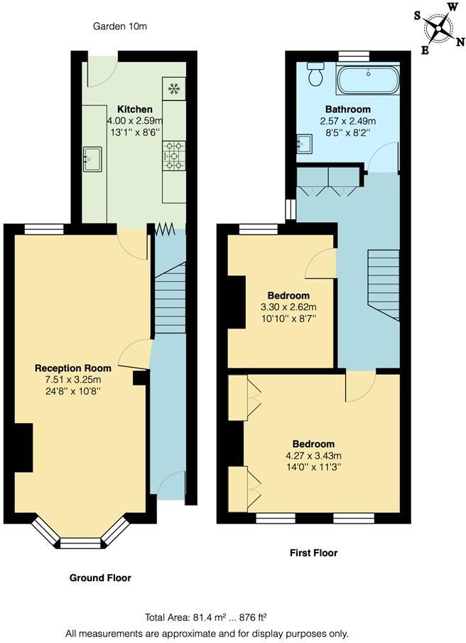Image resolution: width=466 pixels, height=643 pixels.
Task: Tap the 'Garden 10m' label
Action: [x=120, y=27]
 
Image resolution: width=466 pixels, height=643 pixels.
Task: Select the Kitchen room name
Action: [x=135, y=109]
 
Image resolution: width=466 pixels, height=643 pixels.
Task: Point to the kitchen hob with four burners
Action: [x=174, y=156]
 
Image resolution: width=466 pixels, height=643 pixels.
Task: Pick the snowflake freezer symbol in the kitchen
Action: [x=173, y=89]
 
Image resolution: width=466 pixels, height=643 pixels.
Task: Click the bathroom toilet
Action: [x=315, y=73]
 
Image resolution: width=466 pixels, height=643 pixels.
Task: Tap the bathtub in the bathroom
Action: [x=368, y=80]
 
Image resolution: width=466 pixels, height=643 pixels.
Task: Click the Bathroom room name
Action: [x=348, y=109]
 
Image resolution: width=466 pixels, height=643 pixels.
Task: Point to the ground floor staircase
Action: [x=169, y=299]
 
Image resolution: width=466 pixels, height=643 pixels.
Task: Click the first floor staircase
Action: [x=384, y=285]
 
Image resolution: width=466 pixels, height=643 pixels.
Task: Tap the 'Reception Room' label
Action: [x=73, y=368]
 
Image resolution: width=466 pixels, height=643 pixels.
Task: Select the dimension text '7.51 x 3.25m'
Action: [x=73, y=379]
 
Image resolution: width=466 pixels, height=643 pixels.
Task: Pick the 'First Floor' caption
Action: [x=313, y=553]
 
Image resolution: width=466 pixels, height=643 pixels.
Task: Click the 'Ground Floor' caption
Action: [x=100, y=578]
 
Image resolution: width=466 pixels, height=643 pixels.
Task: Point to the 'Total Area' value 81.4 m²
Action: [x=203, y=617]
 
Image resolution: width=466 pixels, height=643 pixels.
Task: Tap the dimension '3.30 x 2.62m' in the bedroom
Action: [x=288, y=307]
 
